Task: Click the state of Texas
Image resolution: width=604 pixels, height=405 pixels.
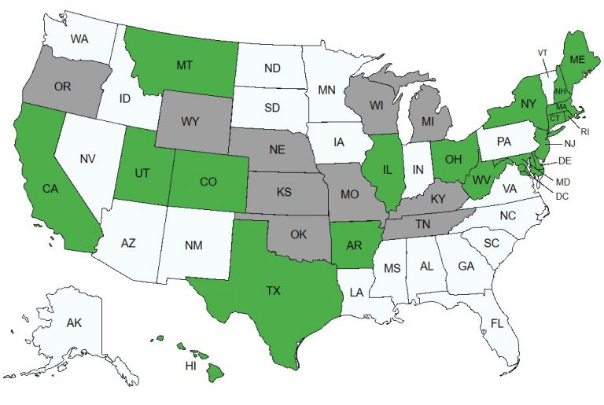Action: click(271, 291)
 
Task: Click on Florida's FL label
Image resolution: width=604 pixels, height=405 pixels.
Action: click(497, 323)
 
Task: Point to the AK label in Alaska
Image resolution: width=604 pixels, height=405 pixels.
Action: click(74, 323)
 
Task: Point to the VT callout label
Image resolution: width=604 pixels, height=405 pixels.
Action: click(543, 53)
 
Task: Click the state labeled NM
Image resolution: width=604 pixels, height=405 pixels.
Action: click(194, 246)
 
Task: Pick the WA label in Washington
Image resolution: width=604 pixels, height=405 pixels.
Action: click(78, 39)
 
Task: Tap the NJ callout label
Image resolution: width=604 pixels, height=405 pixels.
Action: click(569, 143)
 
